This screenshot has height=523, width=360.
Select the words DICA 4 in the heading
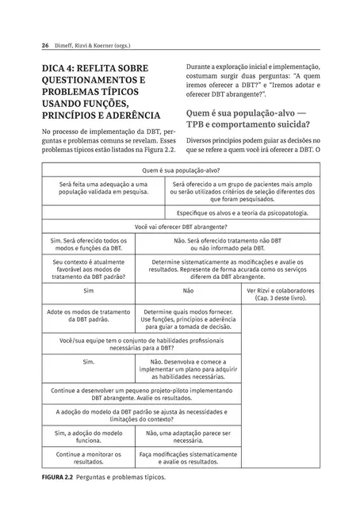tap(65, 68)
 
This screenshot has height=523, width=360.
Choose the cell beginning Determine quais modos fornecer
tap(186, 319)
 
